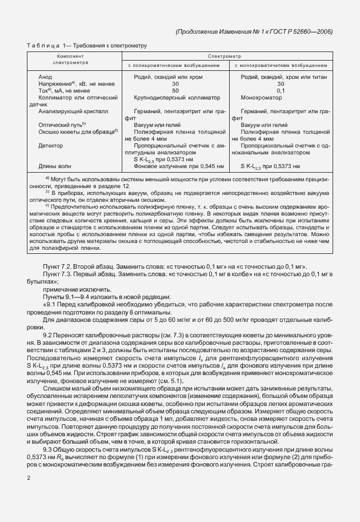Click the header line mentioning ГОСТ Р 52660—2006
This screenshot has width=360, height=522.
[254, 31]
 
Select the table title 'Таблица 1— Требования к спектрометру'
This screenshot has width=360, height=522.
[87, 45]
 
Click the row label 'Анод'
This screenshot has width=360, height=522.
[45, 77]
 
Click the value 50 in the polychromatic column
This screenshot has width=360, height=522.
[175, 90]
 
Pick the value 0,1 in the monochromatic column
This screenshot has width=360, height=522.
[281, 90]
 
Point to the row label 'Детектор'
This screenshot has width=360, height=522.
[50, 145]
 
